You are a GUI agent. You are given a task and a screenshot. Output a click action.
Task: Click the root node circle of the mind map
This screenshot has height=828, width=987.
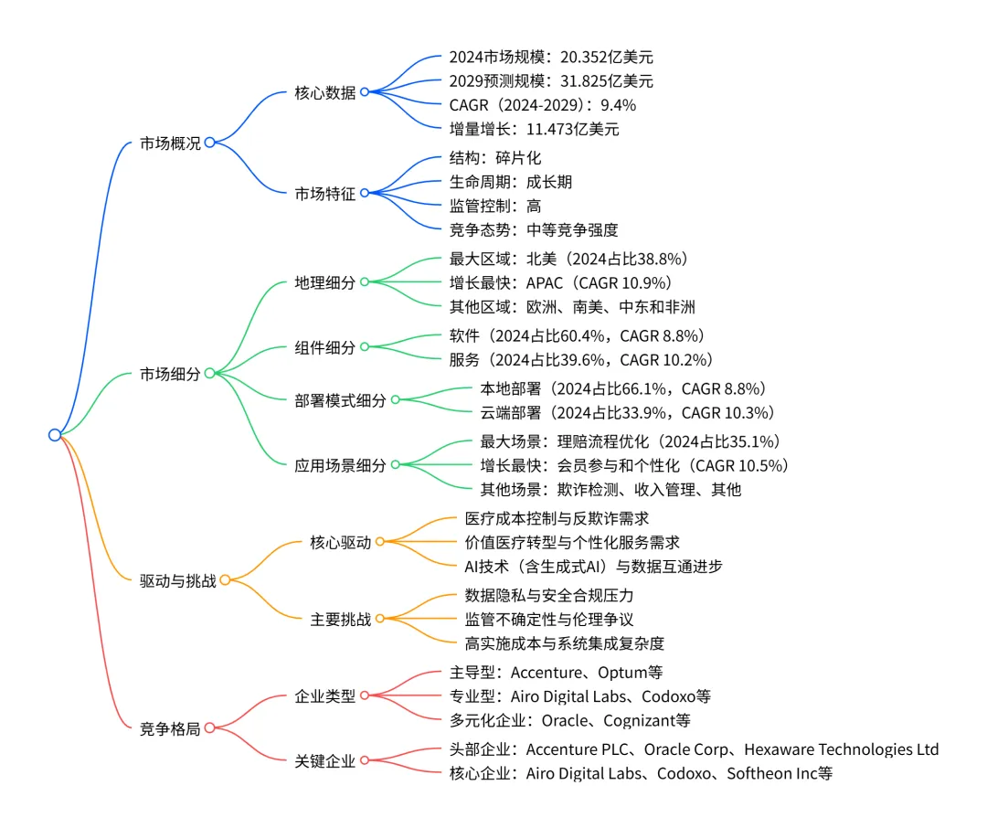[55, 435]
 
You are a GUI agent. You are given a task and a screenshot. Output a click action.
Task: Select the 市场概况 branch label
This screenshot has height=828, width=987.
[170, 143]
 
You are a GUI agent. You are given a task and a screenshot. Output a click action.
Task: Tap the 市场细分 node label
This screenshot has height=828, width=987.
[170, 374]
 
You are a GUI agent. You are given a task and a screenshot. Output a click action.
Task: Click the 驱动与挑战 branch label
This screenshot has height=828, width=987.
[178, 580]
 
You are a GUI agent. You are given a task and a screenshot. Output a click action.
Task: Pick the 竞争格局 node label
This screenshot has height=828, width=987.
[170, 728]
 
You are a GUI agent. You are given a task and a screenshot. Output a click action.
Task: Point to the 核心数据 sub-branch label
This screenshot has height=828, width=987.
[324, 92]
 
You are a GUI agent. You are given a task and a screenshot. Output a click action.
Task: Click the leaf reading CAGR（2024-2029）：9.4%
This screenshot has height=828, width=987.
[542, 105]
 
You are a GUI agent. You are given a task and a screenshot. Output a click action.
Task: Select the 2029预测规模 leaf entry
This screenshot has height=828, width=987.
[551, 81]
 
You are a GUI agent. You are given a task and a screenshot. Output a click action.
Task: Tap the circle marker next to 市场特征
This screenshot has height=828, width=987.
[365, 193]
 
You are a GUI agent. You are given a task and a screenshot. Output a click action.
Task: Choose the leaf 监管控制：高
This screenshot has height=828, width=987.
[494, 206]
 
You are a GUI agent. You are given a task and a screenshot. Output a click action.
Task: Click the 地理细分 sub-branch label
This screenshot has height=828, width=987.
[324, 282]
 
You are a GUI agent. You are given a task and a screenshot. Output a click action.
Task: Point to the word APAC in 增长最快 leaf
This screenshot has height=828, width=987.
[545, 282]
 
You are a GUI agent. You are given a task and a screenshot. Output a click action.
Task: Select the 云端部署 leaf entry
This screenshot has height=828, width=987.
[627, 412]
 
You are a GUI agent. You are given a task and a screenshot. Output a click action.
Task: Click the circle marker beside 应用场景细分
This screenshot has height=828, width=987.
[396, 464]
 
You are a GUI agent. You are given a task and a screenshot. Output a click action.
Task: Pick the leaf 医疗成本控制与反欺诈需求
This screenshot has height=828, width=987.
[557, 518]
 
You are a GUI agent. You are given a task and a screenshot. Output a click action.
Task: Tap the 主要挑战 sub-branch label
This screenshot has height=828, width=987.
[341, 620]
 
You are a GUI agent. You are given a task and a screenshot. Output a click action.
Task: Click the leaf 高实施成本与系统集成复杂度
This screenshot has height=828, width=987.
[564, 643]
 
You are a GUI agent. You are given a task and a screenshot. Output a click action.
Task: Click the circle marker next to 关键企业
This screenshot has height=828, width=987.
[365, 760]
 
